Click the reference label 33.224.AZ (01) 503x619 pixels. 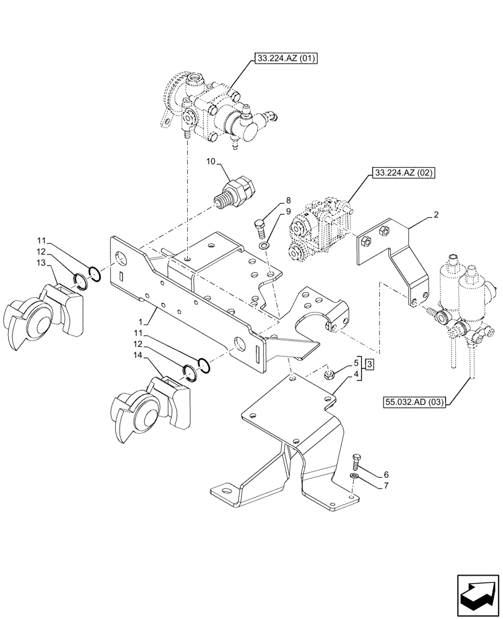pyautogui.click(x=284, y=60)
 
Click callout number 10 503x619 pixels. pyautogui.click(x=210, y=162)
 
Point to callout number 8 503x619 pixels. pyautogui.click(x=288, y=201)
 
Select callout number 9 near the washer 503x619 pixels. pyautogui.click(x=288, y=212)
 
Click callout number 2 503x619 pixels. pyautogui.click(x=436, y=215)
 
